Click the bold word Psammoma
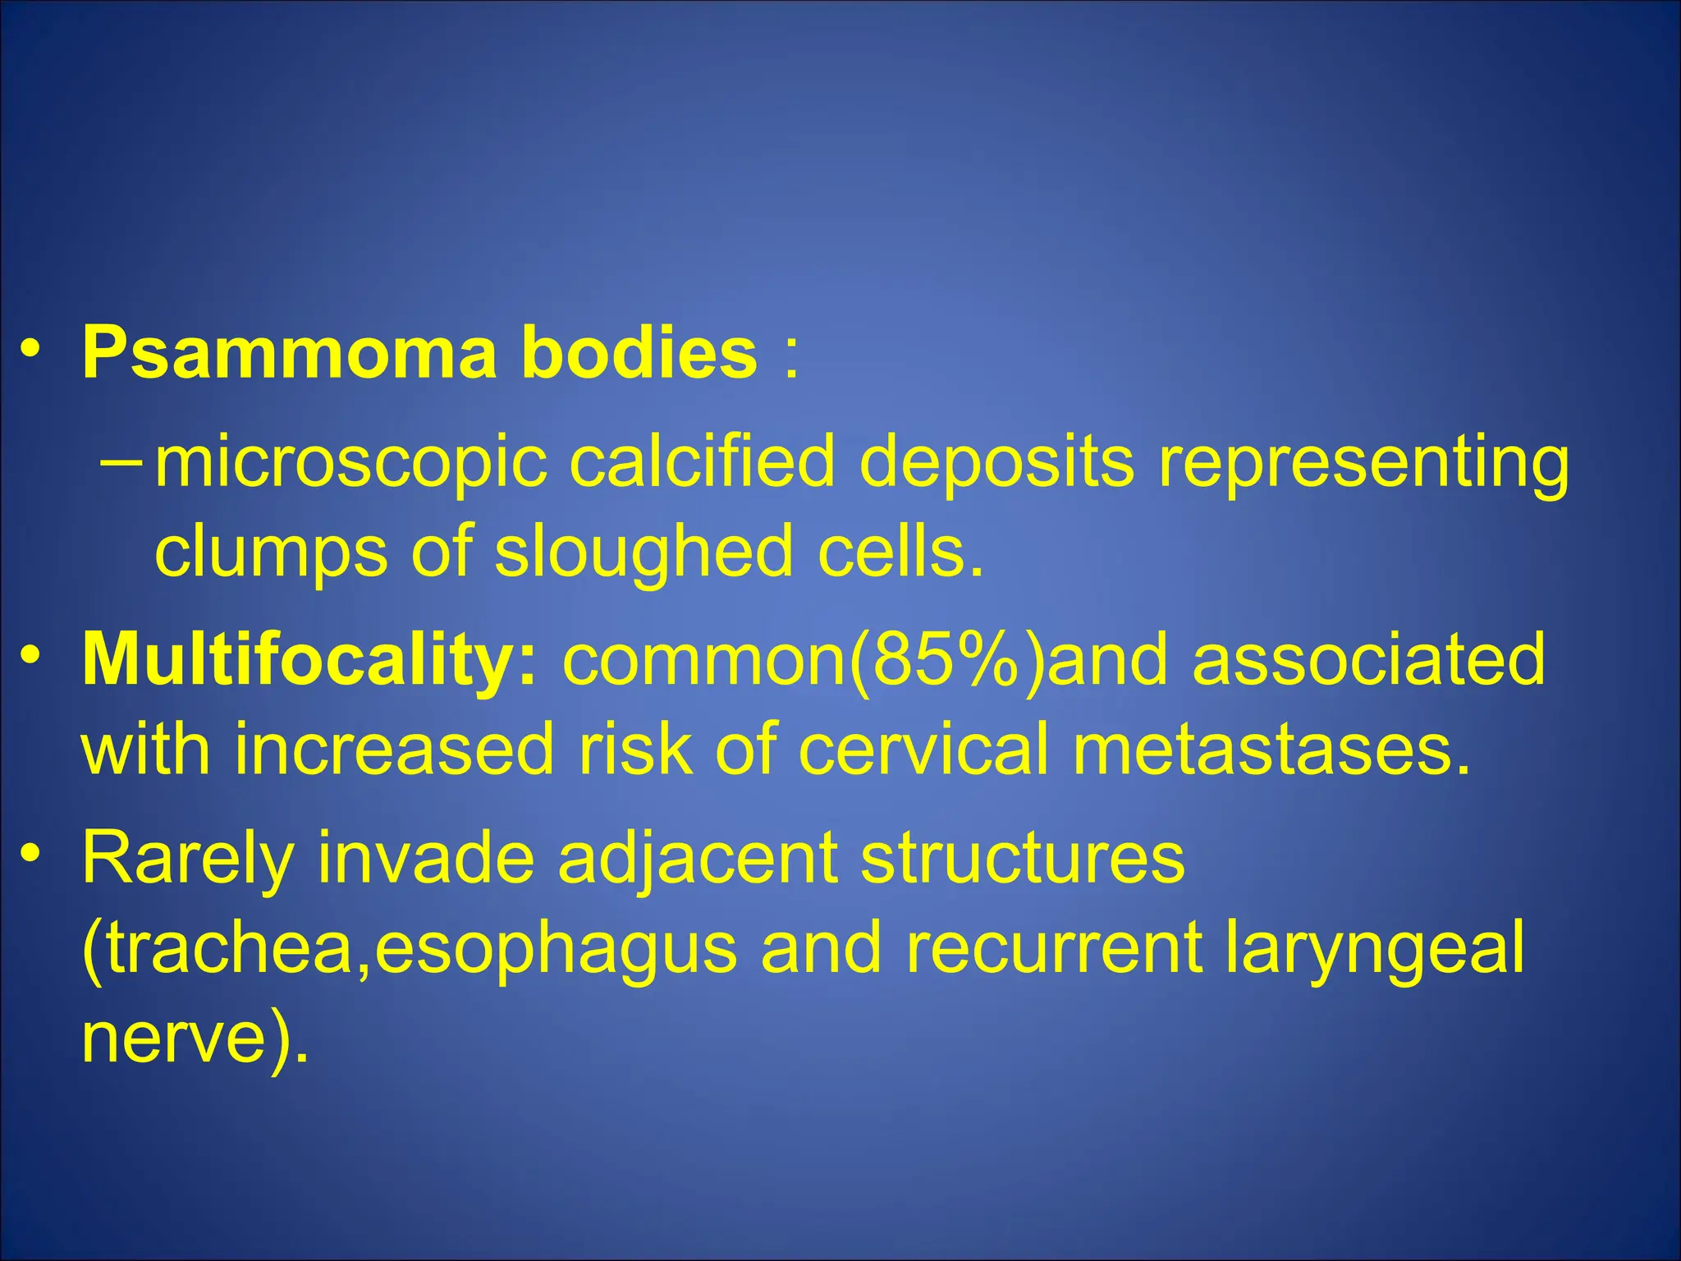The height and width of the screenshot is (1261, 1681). tap(289, 353)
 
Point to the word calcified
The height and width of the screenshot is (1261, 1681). tap(702, 461)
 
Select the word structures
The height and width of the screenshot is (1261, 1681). tap(1023, 858)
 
